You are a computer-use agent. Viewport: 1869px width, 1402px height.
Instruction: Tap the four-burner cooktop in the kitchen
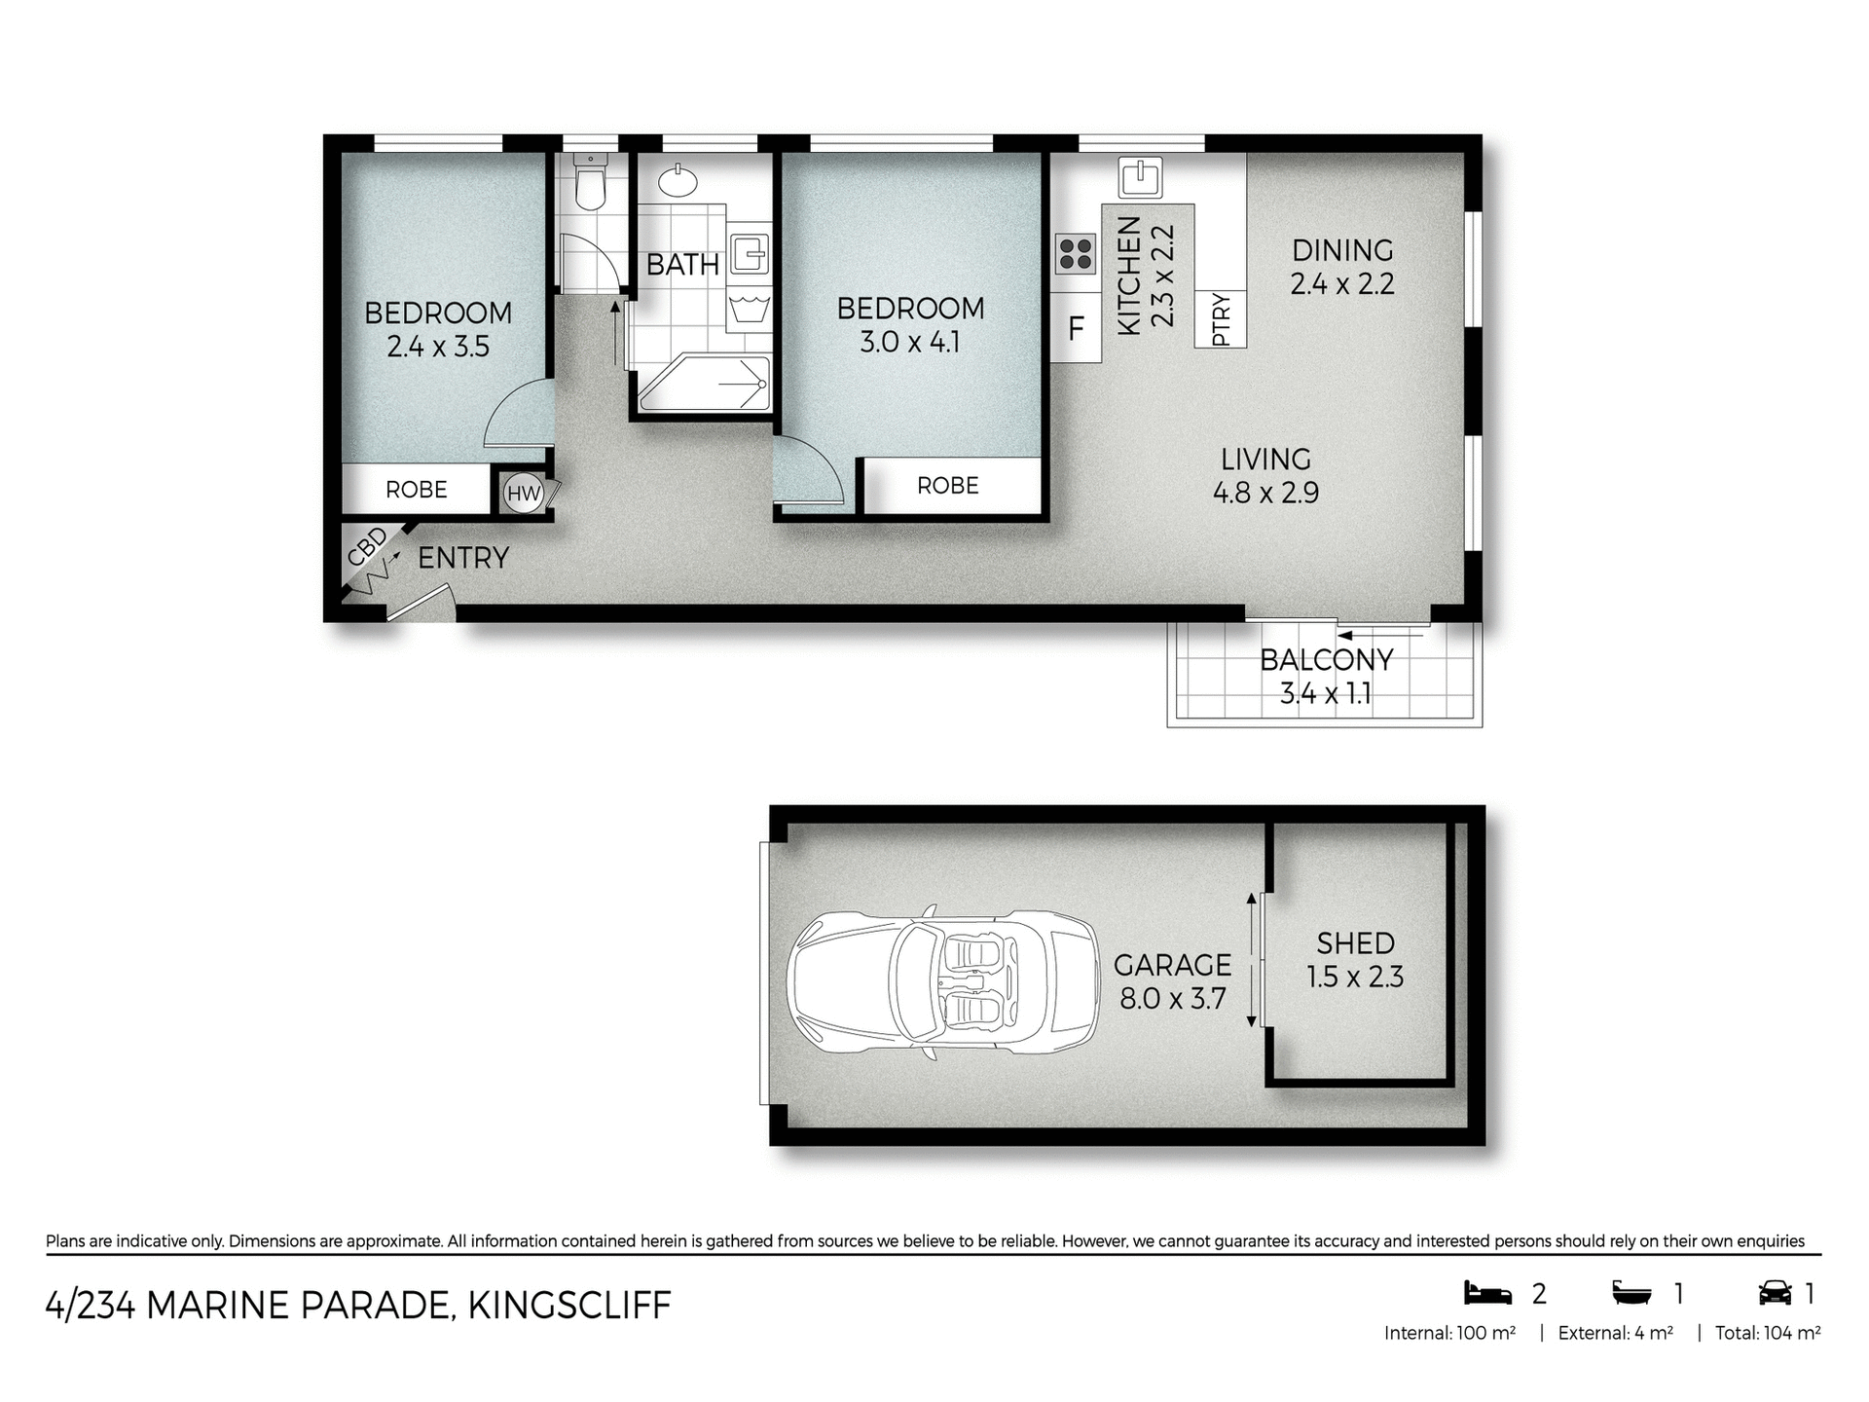1076,254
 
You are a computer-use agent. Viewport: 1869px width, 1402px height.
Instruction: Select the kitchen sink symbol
1137,176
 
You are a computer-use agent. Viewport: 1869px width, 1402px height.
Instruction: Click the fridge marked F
1076,329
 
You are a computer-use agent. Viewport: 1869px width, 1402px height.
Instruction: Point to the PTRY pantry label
1221,319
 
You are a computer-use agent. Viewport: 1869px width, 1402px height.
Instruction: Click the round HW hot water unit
524,494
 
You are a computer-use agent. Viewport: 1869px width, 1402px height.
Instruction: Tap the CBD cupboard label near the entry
367,547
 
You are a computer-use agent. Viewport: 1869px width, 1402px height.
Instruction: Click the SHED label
1355,942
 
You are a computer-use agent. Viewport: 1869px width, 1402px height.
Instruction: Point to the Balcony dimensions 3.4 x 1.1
1325,694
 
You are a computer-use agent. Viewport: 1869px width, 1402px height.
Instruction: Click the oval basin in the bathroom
677,180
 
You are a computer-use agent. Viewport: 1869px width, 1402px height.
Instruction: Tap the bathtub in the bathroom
703,384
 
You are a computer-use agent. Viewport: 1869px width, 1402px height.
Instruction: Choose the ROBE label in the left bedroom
417,490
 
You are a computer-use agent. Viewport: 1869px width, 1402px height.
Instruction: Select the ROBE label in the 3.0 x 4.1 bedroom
947,486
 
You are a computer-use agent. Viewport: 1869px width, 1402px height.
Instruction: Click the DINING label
1342,250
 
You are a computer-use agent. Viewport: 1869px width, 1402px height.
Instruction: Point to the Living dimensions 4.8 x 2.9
1265,493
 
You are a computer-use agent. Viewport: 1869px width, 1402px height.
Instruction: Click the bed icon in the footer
1488,1293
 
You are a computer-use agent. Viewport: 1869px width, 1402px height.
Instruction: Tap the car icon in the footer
1775,1293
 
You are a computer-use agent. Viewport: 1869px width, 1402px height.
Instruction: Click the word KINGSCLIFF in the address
569,1306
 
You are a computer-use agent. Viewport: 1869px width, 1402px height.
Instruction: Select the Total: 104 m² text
1767,1334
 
